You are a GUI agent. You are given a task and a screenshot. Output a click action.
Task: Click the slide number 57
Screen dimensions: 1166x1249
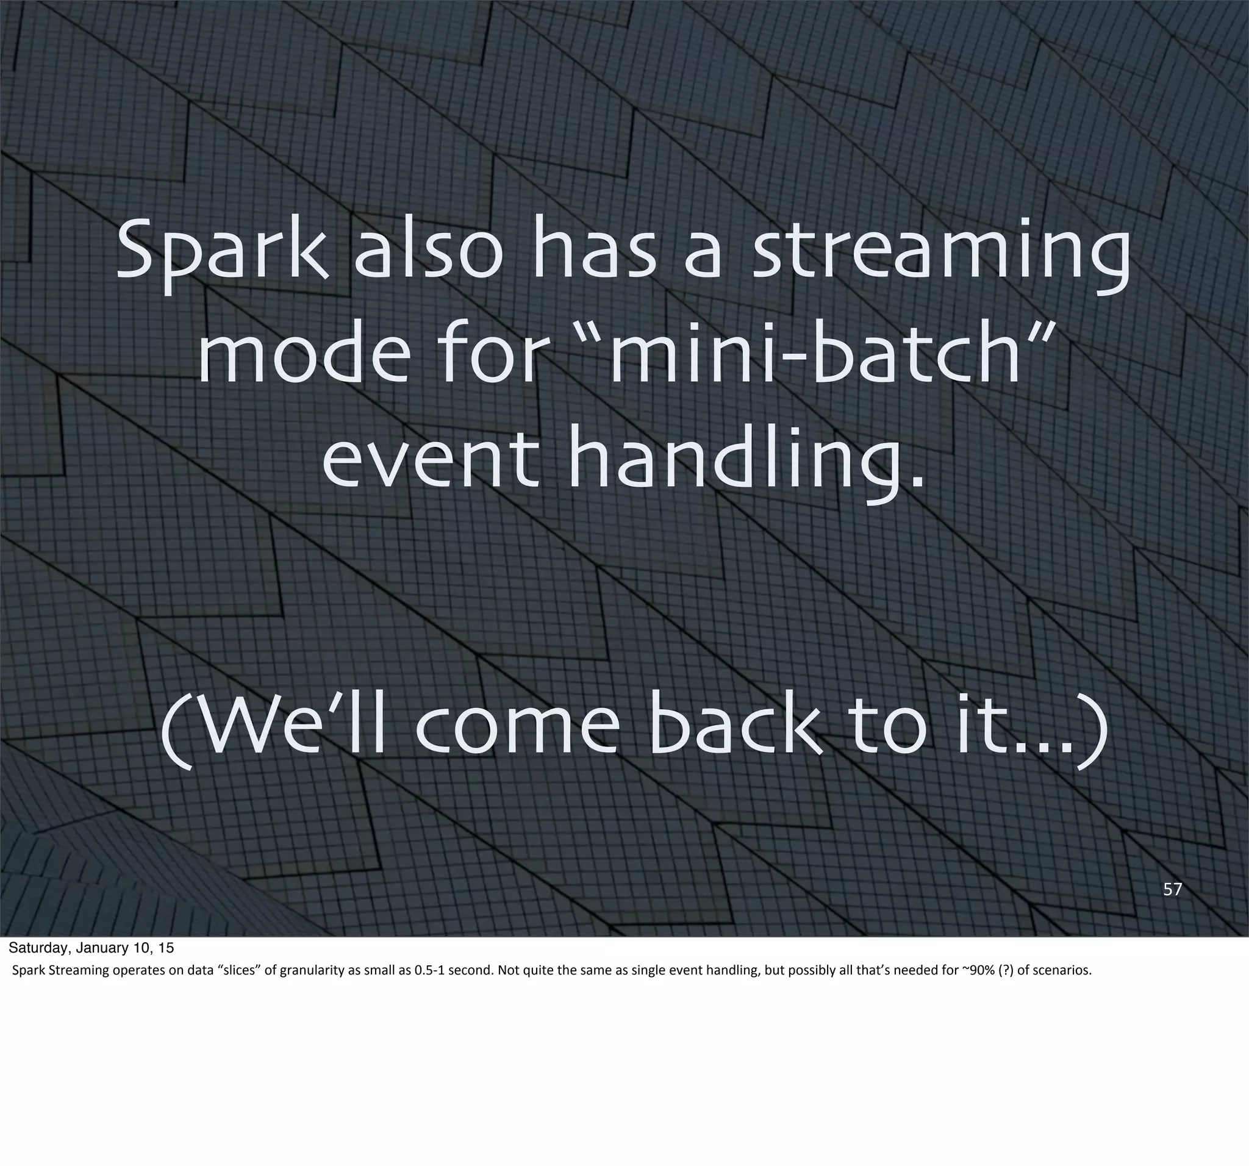pyautogui.click(x=1172, y=889)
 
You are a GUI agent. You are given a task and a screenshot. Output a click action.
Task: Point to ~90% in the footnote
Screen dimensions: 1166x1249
pyautogui.click(x=978, y=970)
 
